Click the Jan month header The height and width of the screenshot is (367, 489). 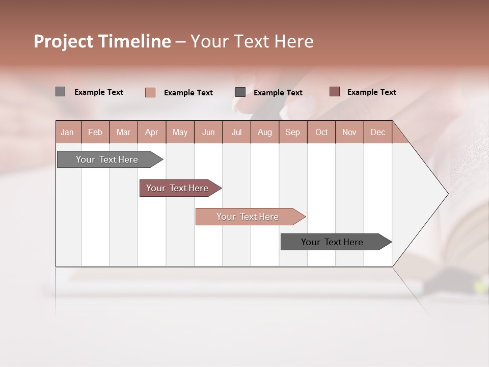[x=68, y=132]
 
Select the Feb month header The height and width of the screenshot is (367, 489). [x=95, y=132]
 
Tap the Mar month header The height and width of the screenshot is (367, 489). [x=123, y=132]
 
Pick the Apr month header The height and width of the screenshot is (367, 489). [x=152, y=132]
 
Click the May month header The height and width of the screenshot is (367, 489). [x=180, y=132]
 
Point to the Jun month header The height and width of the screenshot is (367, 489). [x=208, y=132]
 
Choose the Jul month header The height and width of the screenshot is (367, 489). [x=236, y=132]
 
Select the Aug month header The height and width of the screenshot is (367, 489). [x=265, y=132]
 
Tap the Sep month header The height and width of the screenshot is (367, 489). [x=293, y=132]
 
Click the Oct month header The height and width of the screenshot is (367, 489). [x=321, y=132]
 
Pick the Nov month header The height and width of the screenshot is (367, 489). [x=349, y=132]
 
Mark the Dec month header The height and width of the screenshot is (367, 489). [x=378, y=132]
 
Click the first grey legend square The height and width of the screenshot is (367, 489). [x=61, y=92]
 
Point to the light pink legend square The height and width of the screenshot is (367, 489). [x=150, y=92]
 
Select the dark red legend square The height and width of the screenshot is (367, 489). [x=335, y=92]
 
